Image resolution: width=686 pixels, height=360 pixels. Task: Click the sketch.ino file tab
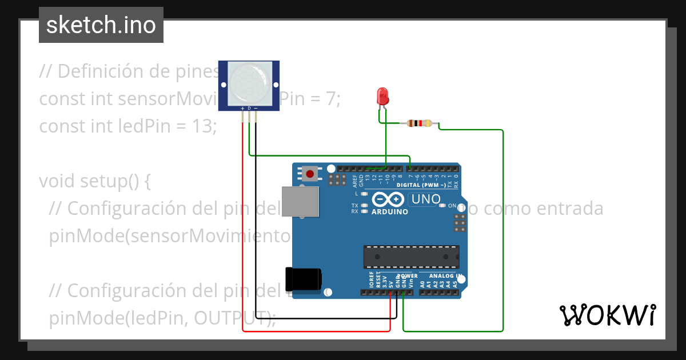pyautogui.click(x=101, y=25)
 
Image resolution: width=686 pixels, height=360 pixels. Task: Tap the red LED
pyautogui.click(x=382, y=96)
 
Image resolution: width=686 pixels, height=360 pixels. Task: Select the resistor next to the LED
pyautogui.click(x=420, y=123)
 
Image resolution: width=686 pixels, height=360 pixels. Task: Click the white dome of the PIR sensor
pyautogui.click(x=249, y=83)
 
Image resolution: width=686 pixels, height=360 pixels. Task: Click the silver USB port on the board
pyautogui.click(x=301, y=202)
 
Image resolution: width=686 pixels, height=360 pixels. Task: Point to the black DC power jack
pyautogui.click(x=303, y=279)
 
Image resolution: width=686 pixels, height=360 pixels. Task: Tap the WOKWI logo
pyautogui.click(x=607, y=315)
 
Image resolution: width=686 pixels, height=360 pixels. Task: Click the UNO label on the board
pyautogui.click(x=425, y=199)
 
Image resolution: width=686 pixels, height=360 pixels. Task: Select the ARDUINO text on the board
pyautogui.click(x=390, y=212)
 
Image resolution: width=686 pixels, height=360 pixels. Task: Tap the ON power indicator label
pyautogui.click(x=452, y=206)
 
